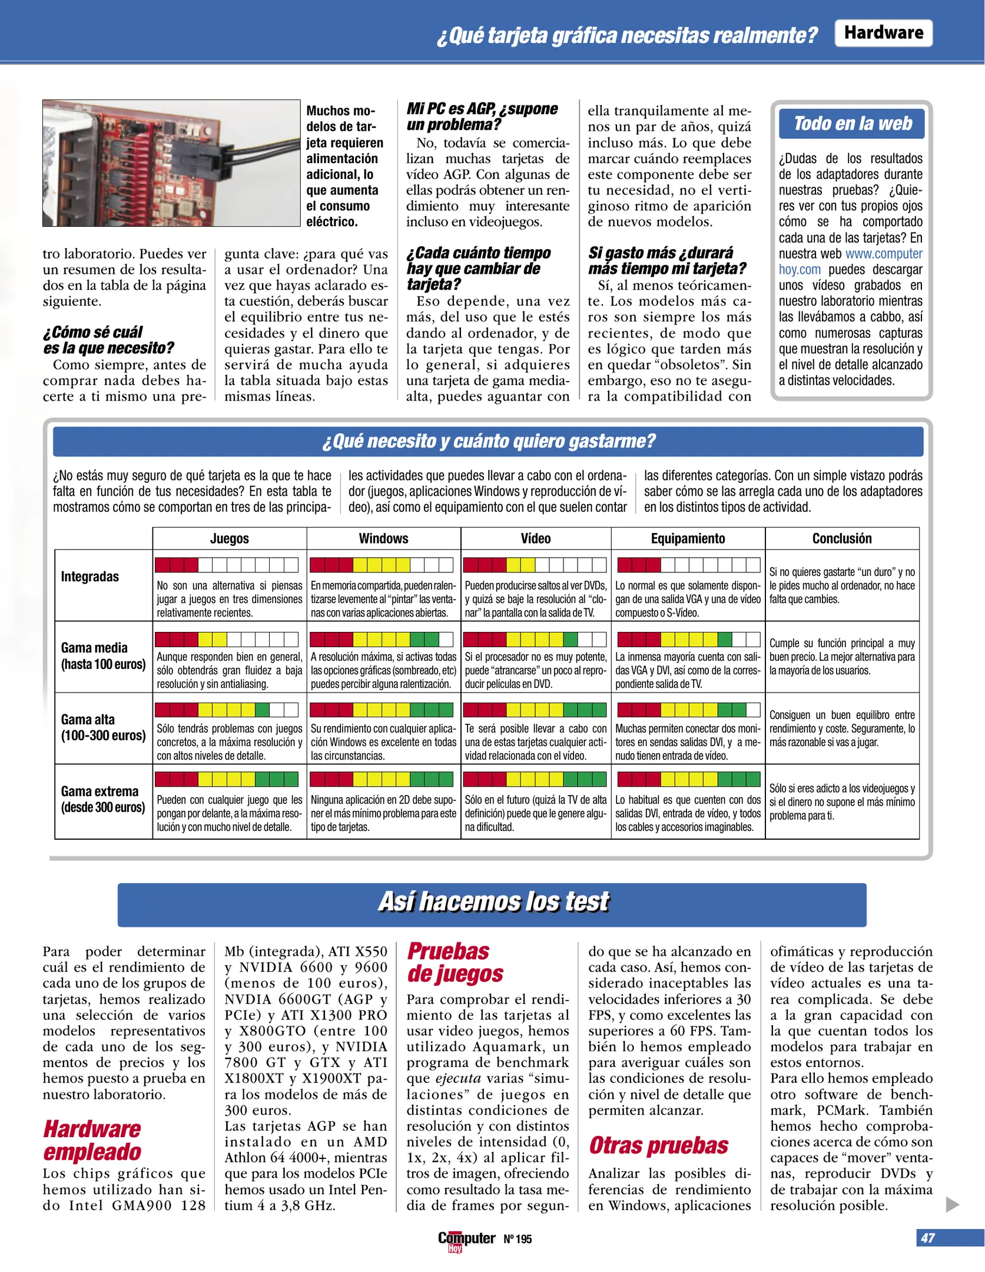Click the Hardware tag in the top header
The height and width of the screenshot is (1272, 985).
click(x=883, y=33)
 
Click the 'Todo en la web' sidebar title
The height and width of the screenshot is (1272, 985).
click(x=852, y=124)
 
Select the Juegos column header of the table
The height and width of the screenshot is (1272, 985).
click(x=230, y=538)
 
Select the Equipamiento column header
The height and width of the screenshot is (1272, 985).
click(x=688, y=538)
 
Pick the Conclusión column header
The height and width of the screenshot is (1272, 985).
click(x=841, y=538)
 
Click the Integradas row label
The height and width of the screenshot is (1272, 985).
click(x=90, y=577)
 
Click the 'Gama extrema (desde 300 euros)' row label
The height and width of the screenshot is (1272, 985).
click(x=102, y=799)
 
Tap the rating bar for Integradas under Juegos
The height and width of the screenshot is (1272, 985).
click(x=227, y=565)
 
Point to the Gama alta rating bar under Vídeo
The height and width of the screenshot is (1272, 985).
click(x=535, y=710)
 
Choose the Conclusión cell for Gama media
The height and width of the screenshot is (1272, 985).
click(x=841, y=657)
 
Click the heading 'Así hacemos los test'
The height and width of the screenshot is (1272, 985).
click(x=493, y=902)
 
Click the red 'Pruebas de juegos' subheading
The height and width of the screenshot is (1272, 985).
click(x=455, y=962)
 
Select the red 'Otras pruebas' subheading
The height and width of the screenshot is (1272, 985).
click(x=658, y=1145)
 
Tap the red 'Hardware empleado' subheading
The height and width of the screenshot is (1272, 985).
click(x=92, y=1140)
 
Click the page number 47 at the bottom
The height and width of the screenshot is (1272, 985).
click(x=928, y=1238)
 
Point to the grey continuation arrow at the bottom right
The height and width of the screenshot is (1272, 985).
click(x=952, y=1204)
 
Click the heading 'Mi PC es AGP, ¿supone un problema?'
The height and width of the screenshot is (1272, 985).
click(x=482, y=117)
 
